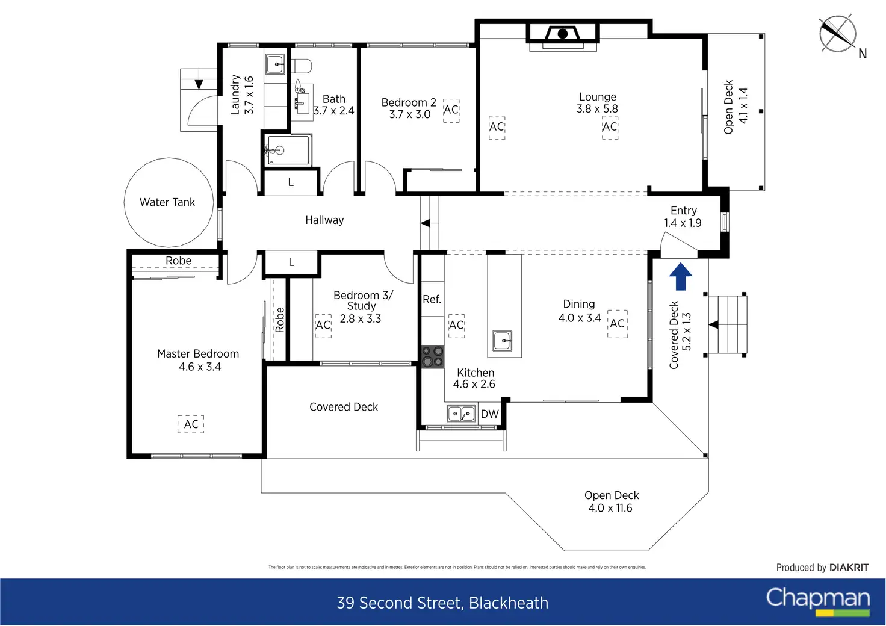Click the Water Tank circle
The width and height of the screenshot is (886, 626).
click(169, 202)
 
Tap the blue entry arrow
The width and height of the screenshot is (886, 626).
click(681, 276)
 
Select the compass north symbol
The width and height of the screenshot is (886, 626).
click(837, 34)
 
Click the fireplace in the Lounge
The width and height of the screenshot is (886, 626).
click(563, 34)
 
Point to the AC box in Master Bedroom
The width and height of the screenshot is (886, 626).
click(191, 424)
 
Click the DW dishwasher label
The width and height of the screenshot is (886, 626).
click(489, 414)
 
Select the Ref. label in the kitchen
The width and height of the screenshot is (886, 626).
click(432, 299)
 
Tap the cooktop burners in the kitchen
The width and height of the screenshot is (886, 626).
click(432, 356)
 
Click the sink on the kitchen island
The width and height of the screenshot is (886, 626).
click(502, 341)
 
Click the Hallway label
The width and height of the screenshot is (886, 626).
click(324, 220)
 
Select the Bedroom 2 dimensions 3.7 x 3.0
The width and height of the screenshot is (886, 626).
click(409, 114)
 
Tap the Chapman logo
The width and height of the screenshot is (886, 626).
click(817, 600)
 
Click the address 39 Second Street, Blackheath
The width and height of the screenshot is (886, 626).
click(442, 603)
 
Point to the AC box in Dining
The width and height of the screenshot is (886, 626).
click(617, 324)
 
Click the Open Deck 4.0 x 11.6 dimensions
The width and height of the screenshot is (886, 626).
click(610, 508)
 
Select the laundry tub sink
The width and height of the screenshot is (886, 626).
click(275, 64)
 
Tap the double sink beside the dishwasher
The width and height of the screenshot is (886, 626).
click(461, 414)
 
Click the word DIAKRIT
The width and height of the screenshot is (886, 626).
click(849, 568)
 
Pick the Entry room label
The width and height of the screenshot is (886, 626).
click(683, 211)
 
